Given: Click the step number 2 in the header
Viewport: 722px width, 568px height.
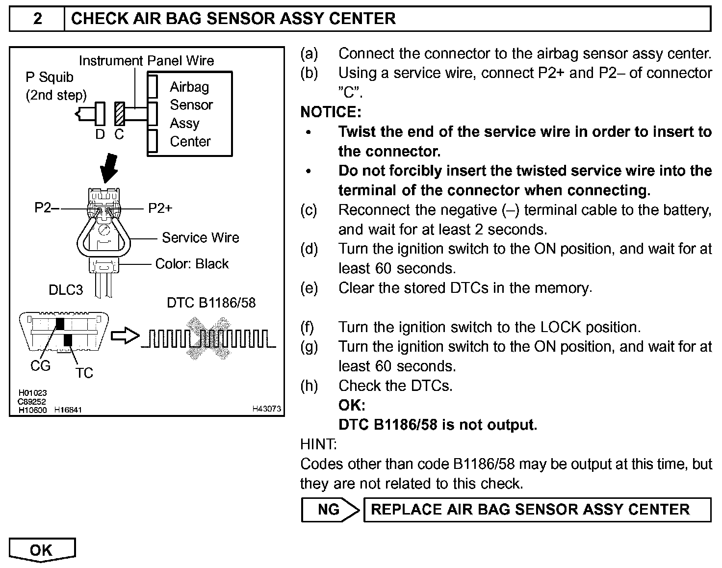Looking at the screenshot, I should click(x=37, y=19).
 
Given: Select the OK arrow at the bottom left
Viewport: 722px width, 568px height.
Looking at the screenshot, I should click(x=42, y=550).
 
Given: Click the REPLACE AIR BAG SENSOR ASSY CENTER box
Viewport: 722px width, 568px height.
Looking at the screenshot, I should click(x=537, y=510).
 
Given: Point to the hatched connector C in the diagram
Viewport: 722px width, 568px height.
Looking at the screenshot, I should click(x=119, y=113).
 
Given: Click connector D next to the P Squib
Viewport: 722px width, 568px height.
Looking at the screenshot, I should click(x=100, y=113).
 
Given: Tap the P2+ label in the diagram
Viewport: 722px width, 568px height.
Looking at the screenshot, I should click(x=160, y=208).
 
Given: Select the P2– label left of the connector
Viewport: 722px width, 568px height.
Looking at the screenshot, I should click(x=46, y=208).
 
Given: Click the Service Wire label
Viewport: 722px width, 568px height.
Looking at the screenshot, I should click(x=200, y=238).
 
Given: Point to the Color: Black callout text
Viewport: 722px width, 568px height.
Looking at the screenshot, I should click(x=192, y=264).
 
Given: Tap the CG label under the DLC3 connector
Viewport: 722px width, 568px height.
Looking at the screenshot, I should click(x=40, y=366).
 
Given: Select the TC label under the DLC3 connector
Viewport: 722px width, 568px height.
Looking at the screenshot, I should click(x=84, y=373).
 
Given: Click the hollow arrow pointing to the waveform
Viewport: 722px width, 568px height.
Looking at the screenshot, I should click(x=125, y=336).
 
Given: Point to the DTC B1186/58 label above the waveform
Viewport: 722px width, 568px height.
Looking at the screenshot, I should click(x=211, y=303).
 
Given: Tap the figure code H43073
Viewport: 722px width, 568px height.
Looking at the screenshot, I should click(x=267, y=408).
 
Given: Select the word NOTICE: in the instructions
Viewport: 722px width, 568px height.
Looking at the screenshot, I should click(x=331, y=112).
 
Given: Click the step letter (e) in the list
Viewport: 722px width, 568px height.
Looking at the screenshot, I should click(x=309, y=288).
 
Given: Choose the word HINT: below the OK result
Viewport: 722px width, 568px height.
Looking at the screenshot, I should click(x=318, y=444).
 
